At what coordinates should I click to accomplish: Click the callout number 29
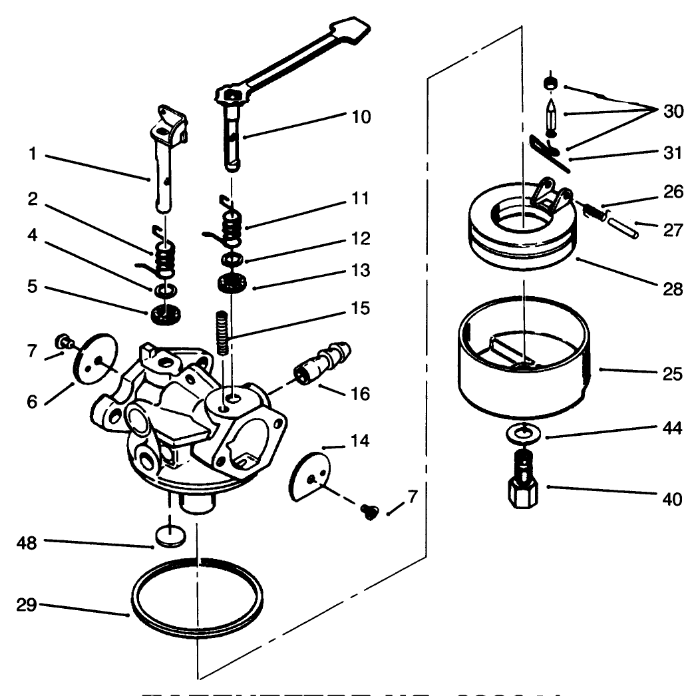click(29, 605)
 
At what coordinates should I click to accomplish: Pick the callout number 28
click(672, 289)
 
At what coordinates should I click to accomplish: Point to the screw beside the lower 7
click(367, 510)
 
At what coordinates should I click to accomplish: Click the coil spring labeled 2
click(164, 260)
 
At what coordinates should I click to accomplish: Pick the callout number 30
click(672, 111)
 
